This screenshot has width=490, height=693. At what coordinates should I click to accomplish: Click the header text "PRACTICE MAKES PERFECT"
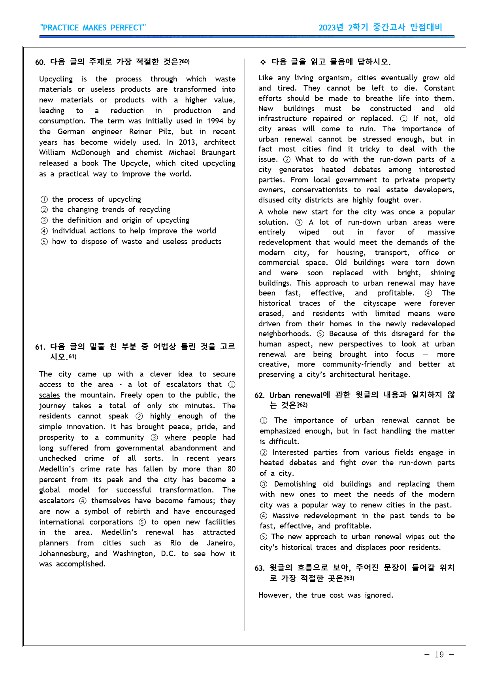click(93, 28)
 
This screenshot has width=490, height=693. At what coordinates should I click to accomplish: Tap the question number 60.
click(40, 62)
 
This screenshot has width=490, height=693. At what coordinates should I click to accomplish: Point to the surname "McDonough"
click(91, 153)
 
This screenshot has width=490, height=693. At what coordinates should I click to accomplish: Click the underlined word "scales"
click(49, 395)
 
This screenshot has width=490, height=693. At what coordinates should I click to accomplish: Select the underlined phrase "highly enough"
click(176, 416)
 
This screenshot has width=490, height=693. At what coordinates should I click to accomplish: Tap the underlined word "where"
click(175, 437)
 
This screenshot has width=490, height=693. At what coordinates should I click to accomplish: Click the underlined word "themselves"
click(111, 501)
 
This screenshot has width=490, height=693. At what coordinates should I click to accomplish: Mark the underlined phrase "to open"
click(166, 522)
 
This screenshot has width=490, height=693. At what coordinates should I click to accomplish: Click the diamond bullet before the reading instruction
click(263, 62)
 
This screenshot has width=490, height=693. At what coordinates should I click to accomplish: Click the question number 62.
click(259, 396)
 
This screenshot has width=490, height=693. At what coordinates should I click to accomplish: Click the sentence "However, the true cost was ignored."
click(326, 595)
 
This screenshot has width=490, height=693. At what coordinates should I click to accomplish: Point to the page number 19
click(439, 655)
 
